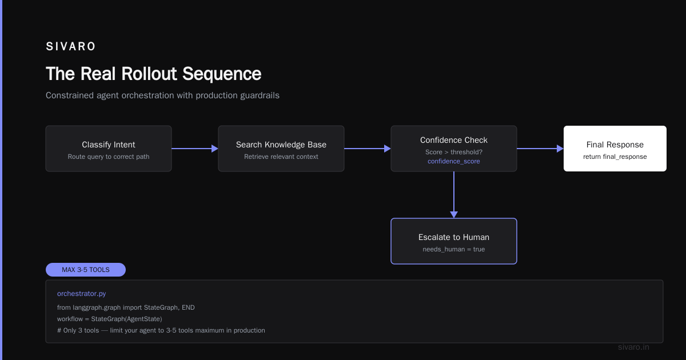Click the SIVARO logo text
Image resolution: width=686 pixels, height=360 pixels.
(71, 46)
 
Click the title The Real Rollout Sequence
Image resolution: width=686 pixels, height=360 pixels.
(153, 74)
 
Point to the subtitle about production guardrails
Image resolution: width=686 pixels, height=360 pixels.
(162, 95)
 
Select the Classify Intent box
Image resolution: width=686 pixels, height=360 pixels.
(109, 149)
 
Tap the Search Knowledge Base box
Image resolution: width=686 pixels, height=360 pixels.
(281, 149)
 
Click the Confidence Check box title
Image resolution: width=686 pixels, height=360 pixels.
(454, 140)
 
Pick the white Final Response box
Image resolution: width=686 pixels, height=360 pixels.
(615, 149)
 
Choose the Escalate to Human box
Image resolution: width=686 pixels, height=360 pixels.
(454, 241)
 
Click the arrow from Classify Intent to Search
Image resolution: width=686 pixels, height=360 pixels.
(195, 149)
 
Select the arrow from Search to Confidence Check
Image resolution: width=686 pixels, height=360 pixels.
(368, 149)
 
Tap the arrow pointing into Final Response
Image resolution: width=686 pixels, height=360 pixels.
(540, 149)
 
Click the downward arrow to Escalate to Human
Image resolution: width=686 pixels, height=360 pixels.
(454, 195)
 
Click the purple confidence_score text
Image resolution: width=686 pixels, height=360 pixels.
(454, 161)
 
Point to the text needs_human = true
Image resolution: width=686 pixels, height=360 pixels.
(454, 249)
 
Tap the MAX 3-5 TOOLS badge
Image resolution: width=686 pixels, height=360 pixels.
(86, 270)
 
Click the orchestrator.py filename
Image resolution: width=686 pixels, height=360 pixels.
(81, 294)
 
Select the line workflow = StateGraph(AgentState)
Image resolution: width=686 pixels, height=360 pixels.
(110, 319)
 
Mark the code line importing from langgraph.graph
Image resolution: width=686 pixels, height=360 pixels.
(126, 307)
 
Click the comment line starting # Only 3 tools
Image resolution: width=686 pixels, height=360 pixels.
(161, 330)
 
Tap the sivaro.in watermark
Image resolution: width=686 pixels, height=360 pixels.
(633, 347)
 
